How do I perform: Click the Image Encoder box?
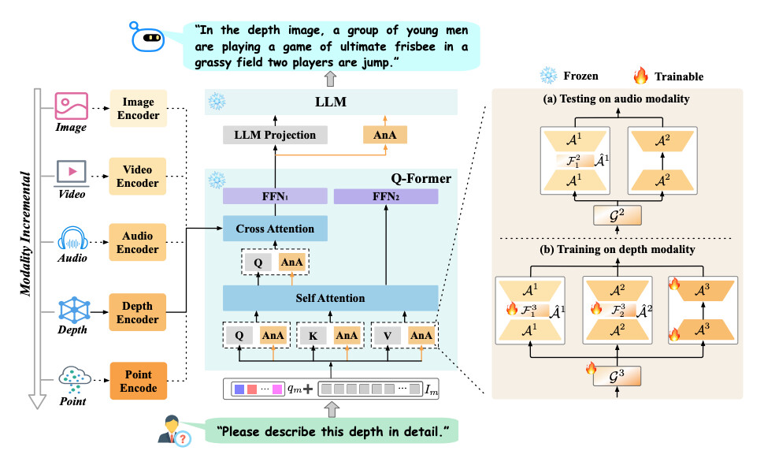coord(139,109)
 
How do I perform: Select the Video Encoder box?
coord(139,177)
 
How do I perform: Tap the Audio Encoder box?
coord(139,243)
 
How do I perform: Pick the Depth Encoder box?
coord(139,313)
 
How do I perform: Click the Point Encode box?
coord(139,381)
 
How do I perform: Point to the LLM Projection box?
coord(275,135)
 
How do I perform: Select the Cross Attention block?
coord(274,229)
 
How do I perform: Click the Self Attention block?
coord(330,298)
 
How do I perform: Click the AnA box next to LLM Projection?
coord(386,135)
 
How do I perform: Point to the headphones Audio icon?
coord(70,238)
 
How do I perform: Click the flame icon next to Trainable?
coord(641,76)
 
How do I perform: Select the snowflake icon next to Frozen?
coord(546,76)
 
